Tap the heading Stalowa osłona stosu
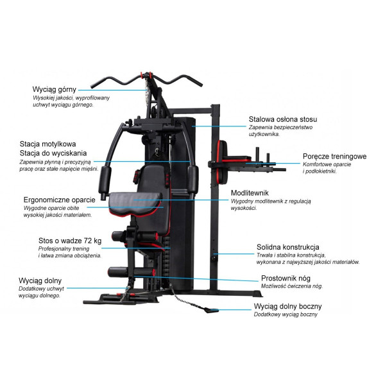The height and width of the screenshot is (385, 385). point(282,119)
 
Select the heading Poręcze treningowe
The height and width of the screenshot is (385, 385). point(334,156)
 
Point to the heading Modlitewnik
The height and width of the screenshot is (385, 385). point(250,193)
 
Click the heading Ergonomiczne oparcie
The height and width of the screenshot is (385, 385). point(60,200)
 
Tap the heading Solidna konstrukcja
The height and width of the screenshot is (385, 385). point(288,247)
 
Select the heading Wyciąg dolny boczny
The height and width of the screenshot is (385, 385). point(287,306)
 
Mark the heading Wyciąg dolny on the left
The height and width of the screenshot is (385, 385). point(40,280)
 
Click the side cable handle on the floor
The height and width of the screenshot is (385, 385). point(208,309)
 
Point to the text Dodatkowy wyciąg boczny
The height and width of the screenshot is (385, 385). point(286,315)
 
